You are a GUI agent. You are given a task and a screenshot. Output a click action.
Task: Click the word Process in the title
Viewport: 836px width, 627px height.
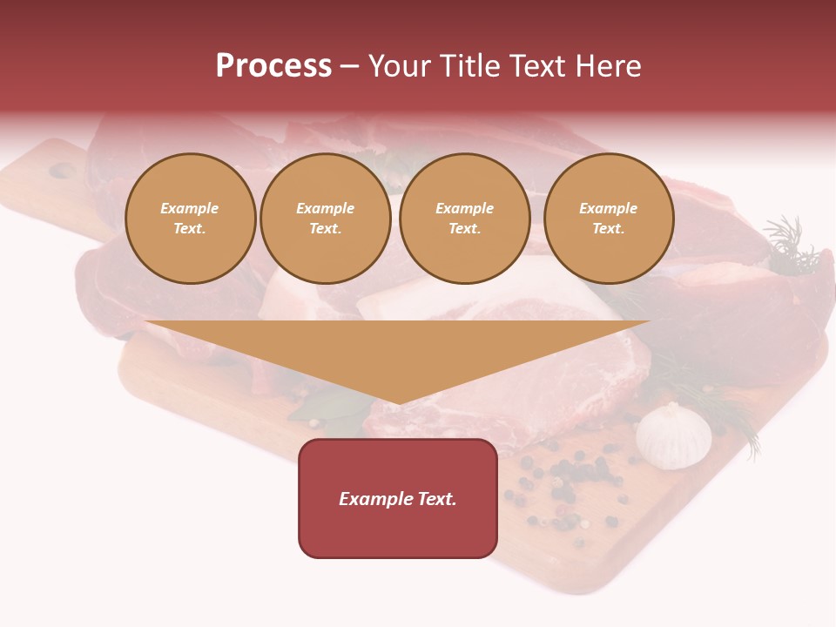point(273,66)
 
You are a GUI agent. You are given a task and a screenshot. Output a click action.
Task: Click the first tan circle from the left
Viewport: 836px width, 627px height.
point(190,219)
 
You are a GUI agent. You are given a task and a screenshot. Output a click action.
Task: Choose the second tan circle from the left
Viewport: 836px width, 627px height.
point(326,219)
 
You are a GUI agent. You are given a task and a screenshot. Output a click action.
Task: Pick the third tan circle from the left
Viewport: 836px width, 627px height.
point(465,219)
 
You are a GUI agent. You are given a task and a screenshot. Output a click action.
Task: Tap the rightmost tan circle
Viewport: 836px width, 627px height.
point(609,219)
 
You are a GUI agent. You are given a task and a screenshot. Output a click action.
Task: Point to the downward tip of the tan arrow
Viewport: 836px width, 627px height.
point(398,402)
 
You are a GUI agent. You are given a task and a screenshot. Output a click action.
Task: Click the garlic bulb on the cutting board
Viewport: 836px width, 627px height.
point(673,435)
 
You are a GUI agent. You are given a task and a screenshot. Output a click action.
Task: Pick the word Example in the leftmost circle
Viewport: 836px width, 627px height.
point(190,208)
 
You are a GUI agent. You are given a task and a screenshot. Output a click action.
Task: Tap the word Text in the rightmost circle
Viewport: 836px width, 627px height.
point(608,229)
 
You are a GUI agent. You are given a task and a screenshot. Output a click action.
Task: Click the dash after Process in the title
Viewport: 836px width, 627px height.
point(349,67)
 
